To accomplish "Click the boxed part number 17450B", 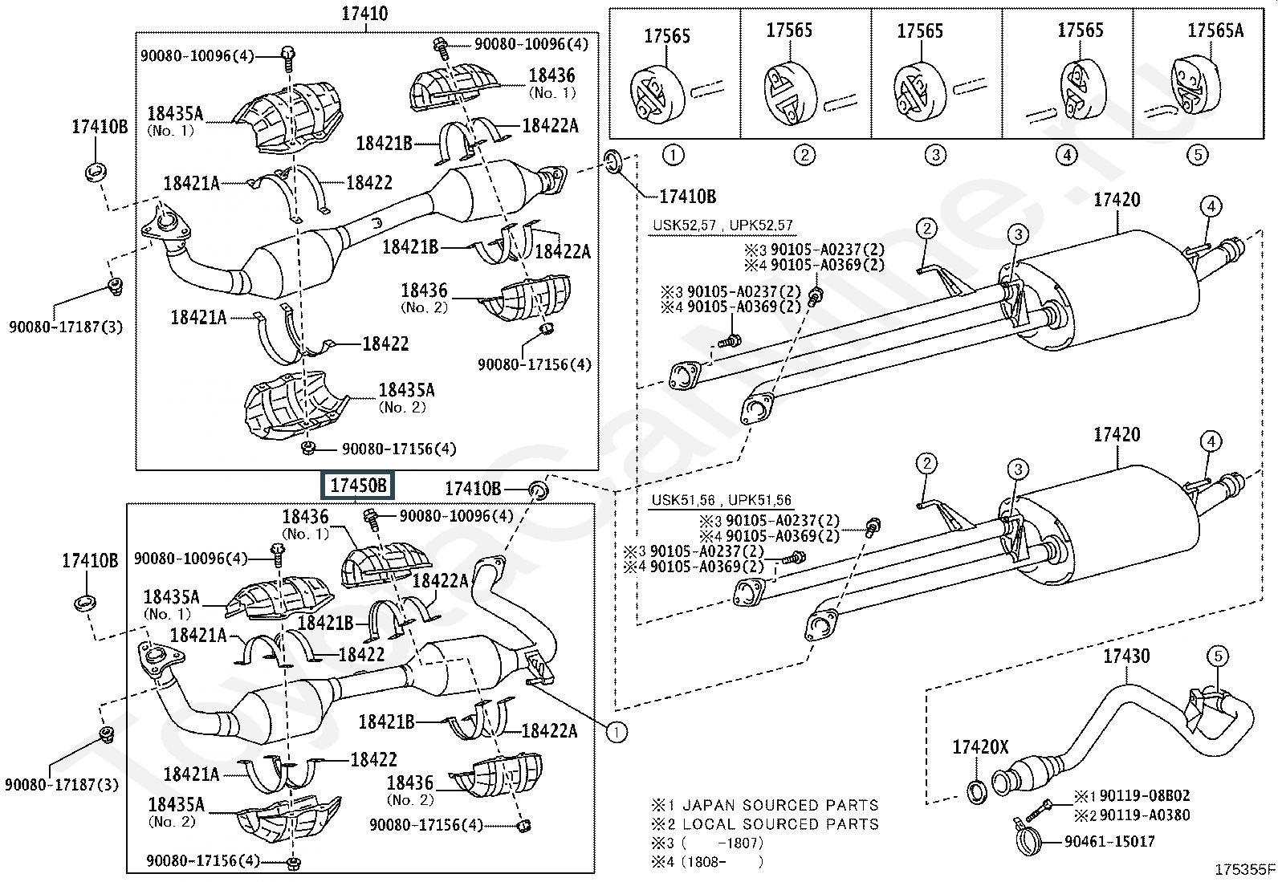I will [358, 486].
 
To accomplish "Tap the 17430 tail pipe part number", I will [1125, 656].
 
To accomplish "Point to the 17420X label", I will [979, 747].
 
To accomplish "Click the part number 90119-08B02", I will [1144, 796].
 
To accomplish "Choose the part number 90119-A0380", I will [1144, 815].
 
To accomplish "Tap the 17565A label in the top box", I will [1215, 30].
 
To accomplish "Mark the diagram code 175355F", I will [1243, 869].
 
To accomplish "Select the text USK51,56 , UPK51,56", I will [720, 500].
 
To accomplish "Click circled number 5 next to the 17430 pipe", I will [1217, 656].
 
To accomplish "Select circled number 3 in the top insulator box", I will [934, 155].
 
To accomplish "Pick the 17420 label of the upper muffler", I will [1116, 199].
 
